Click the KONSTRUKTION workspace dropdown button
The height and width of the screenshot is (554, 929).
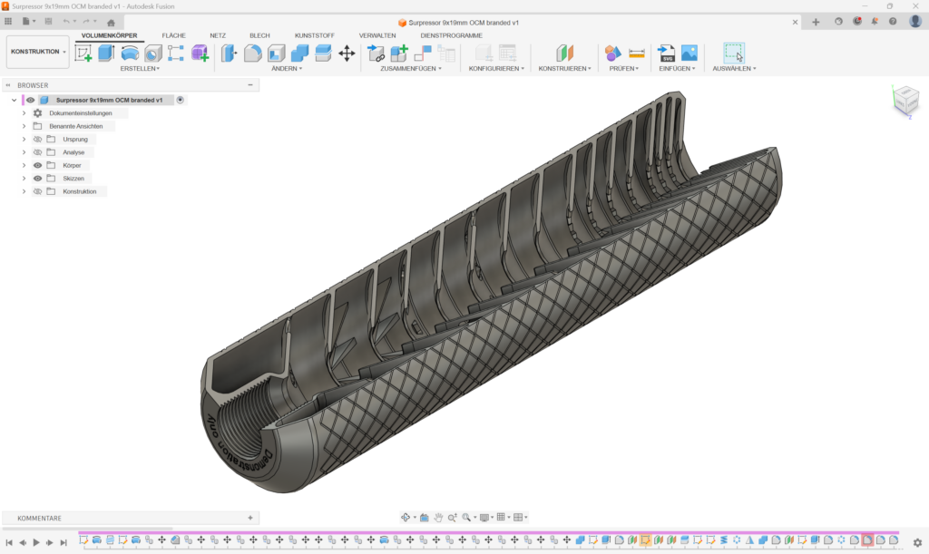click(37, 52)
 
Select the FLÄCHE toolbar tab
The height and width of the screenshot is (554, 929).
click(173, 35)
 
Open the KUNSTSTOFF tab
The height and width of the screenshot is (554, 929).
click(314, 35)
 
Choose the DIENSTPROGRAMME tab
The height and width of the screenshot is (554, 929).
click(451, 35)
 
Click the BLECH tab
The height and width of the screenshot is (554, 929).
click(259, 35)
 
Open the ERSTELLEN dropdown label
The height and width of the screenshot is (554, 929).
click(140, 68)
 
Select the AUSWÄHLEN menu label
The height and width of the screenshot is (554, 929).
click(734, 68)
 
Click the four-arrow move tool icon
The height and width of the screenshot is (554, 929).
click(347, 53)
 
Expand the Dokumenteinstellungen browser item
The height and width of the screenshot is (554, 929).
click(24, 113)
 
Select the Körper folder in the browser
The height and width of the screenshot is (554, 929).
click(72, 166)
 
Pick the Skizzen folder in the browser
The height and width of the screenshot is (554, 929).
click(73, 179)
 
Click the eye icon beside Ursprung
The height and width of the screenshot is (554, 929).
click(38, 140)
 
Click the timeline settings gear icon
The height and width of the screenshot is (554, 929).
click(917, 542)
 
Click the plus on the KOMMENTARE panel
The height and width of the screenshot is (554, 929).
click(250, 518)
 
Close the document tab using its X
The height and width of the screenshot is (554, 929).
click(795, 22)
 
